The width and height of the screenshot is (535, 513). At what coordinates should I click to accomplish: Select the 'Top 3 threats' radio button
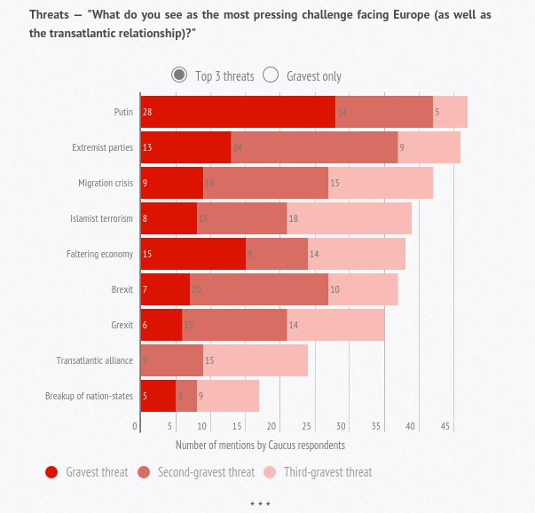pos(179,75)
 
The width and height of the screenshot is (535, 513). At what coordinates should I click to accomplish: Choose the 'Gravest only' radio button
pos(271,75)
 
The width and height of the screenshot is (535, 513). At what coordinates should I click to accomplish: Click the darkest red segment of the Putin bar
pos(238,112)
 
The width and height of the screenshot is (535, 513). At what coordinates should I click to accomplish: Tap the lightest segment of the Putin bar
pos(450,112)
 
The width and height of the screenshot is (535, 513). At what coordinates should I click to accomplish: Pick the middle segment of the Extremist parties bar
pos(314,147)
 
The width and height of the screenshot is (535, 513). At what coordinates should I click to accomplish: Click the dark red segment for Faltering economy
pos(193,254)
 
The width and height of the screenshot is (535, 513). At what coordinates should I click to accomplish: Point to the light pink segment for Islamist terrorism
pos(350,218)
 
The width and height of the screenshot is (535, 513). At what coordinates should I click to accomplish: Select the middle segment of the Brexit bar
pos(259,289)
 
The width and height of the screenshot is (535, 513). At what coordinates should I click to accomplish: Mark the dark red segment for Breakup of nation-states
pos(159,396)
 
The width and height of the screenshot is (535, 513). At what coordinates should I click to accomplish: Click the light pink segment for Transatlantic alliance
pos(256,360)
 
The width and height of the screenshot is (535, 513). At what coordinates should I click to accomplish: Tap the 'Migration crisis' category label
pos(106,183)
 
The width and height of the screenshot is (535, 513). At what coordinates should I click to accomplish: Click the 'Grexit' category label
pos(122,325)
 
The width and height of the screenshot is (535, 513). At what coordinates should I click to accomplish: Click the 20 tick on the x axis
pos(272,427)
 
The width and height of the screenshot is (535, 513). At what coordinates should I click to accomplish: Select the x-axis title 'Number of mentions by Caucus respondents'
pos(260,445)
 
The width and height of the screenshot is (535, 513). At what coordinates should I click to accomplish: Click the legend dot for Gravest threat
pos(51,472)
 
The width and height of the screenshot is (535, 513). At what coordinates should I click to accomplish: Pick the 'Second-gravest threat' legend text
pos(206,472)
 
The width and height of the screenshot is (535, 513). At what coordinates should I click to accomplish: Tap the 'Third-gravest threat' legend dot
pos(271,472)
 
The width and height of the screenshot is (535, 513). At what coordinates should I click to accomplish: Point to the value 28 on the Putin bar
pos(147,112)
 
